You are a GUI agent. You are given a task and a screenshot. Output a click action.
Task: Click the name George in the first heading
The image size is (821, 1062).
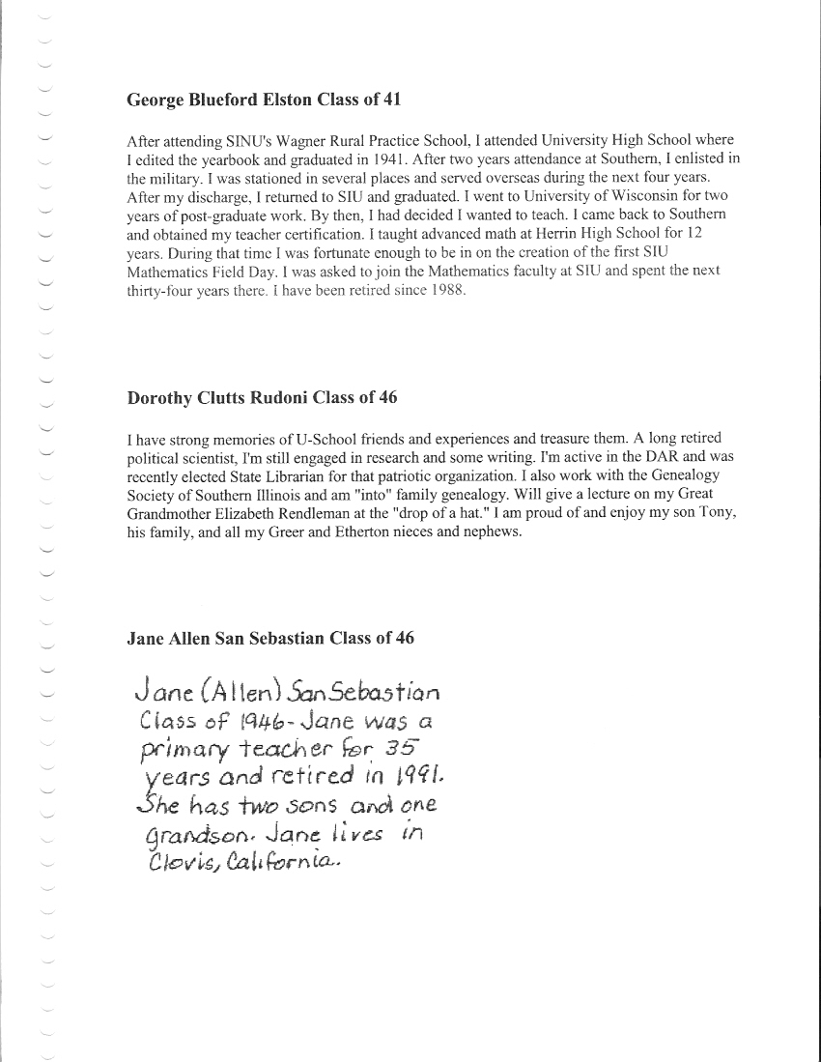click(x=152, y=100)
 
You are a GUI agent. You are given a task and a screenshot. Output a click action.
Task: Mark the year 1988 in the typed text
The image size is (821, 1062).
click(x=449, y=289)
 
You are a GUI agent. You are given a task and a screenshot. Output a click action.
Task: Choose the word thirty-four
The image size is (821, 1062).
click(x=159, y=289)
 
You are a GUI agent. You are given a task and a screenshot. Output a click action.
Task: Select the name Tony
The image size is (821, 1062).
click(x=718, y=513)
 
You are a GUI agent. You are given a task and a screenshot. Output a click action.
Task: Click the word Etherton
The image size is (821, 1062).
click(x=369, y=531)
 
